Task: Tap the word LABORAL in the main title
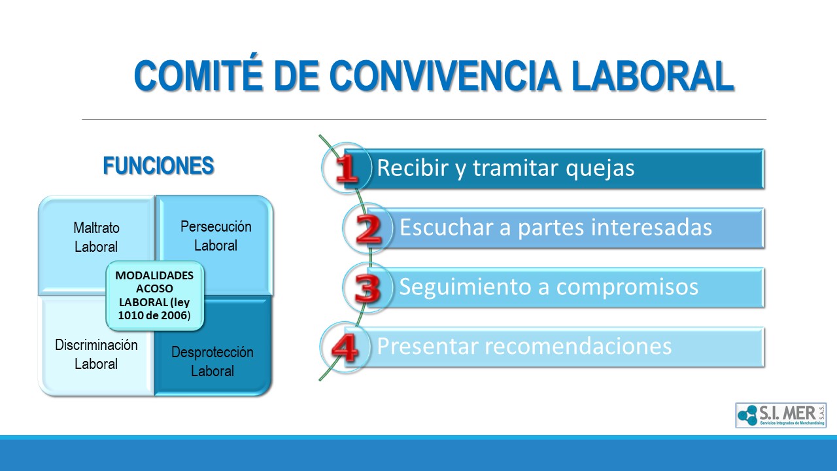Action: tap(653, 76)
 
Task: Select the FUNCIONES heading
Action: tap(158, 166)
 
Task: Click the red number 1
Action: tap(347, 169)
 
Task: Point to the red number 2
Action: tap(368, 229)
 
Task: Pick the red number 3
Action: tap(367, 288)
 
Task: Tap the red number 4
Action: tap(345, 348)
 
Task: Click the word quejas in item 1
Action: tap(600, 169)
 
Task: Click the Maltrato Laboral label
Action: tap(96, 237)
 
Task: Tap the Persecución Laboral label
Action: tap(216, 236)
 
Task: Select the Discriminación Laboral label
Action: tap(96, 355)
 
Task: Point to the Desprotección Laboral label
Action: tap(213, 362)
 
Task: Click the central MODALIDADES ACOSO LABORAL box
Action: tap(155, 295)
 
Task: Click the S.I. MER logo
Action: tap(781, 415)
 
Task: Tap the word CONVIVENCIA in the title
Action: tap(445, 76)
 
